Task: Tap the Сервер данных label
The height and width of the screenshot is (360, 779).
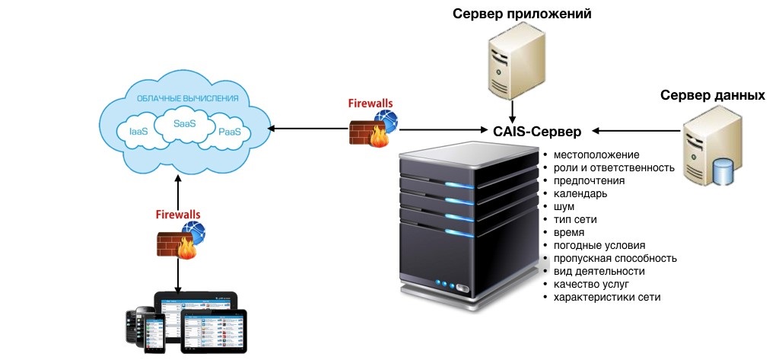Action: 712,96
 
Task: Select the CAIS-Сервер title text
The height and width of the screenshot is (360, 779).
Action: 537,132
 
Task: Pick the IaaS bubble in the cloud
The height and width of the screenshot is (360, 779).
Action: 138,132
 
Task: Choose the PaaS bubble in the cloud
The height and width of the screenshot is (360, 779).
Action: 229,132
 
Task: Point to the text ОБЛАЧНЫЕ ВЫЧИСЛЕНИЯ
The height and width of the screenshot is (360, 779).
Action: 187,98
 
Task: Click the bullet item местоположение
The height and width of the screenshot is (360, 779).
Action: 596,155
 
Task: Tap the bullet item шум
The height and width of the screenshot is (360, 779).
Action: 564,206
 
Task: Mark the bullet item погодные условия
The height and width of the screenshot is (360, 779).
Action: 599,245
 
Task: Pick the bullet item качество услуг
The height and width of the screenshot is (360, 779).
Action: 592,284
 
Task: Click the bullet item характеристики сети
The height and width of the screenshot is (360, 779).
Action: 607,297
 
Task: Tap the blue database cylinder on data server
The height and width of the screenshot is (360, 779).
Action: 723,173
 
